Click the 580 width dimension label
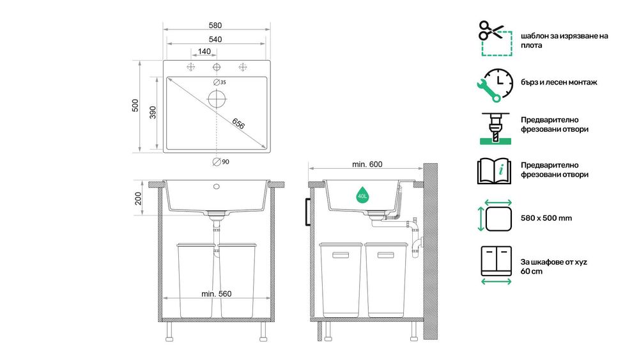[215, 26]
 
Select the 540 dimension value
[215, 40]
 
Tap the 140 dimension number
[204, 51]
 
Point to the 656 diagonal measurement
[238, 123]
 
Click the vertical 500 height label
[135, 106]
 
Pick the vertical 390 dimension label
[153, 113]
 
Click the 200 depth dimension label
[138, 199]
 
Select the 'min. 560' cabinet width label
[217, 294]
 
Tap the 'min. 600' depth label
[367, 164]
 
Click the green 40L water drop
[362, 195]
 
